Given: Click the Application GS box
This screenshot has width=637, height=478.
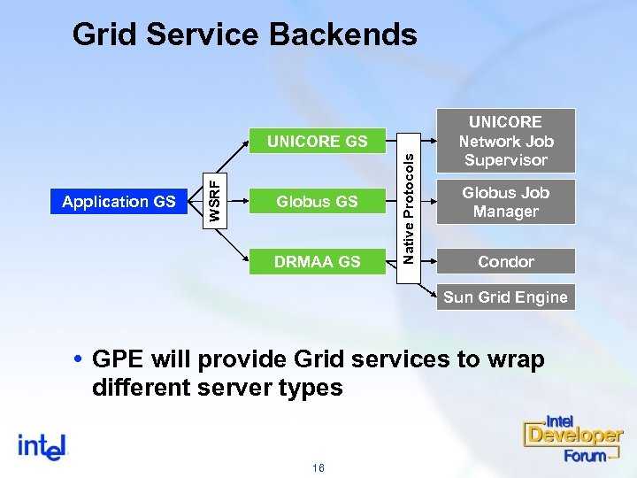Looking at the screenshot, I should [x=119, y=202].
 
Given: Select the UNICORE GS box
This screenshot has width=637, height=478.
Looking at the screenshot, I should [x=317, y=141].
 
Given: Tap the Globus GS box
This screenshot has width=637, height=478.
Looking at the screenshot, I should [x=317, y=202].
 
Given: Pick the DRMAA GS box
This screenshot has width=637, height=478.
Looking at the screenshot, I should [x=317, y=261].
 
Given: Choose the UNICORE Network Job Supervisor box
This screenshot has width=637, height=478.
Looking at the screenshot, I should [x=506, y=141].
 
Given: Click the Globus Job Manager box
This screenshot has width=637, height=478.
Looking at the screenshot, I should [x=506, y=202].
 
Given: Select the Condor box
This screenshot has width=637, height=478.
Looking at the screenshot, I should [x=506, y=261].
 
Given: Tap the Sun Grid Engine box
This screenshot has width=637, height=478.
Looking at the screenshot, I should [x=505, y=297].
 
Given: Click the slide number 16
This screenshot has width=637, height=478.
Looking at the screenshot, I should [x=318, y=466].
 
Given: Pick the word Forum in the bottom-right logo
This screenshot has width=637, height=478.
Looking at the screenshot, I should [x=585, y=455].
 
